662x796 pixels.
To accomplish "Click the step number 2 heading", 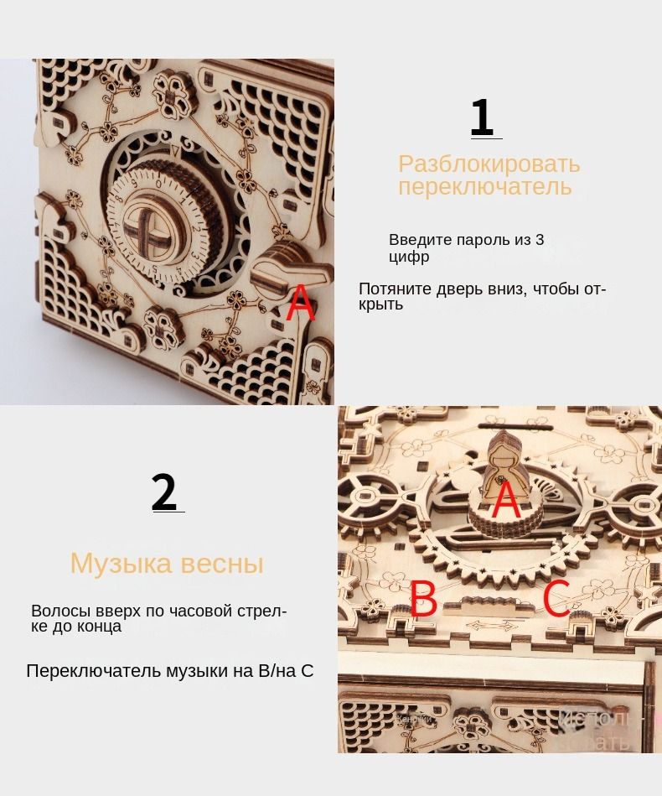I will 164,492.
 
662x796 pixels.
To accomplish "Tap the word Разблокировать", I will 489,164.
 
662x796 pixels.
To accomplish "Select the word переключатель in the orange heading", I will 484,186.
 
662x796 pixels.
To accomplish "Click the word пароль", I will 483,240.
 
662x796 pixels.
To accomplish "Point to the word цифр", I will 409,257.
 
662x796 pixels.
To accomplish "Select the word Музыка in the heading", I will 119,563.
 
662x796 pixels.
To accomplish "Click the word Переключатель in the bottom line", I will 93,671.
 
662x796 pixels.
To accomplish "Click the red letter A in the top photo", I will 300,304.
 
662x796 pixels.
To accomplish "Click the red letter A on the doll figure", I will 505,501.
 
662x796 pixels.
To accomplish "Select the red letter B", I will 423,600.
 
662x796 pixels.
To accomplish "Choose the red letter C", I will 556,599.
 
